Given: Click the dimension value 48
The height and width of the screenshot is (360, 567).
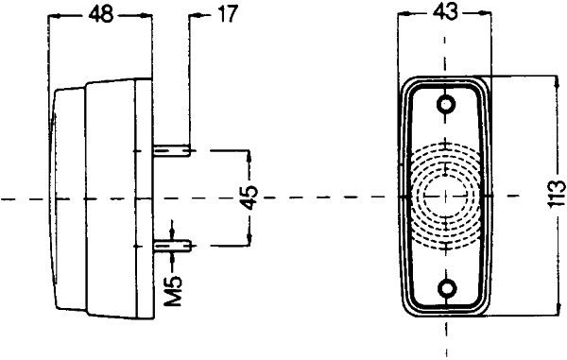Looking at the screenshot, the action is coord(100,15).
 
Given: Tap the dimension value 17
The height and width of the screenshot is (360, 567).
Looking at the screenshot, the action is coord(227,15).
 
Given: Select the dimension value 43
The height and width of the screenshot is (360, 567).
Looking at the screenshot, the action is coord(445,12).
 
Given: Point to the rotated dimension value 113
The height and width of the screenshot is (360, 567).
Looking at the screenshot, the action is coord(557,194).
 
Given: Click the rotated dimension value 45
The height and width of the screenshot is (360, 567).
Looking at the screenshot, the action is coord(249,197).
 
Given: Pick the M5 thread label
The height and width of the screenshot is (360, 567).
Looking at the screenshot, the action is coord(174,291).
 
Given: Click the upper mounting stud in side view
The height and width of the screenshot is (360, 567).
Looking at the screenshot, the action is coord(172,150).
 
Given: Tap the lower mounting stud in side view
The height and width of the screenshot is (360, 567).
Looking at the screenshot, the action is coord(172,247).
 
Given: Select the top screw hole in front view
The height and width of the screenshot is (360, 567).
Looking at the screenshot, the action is coord(446,105).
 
